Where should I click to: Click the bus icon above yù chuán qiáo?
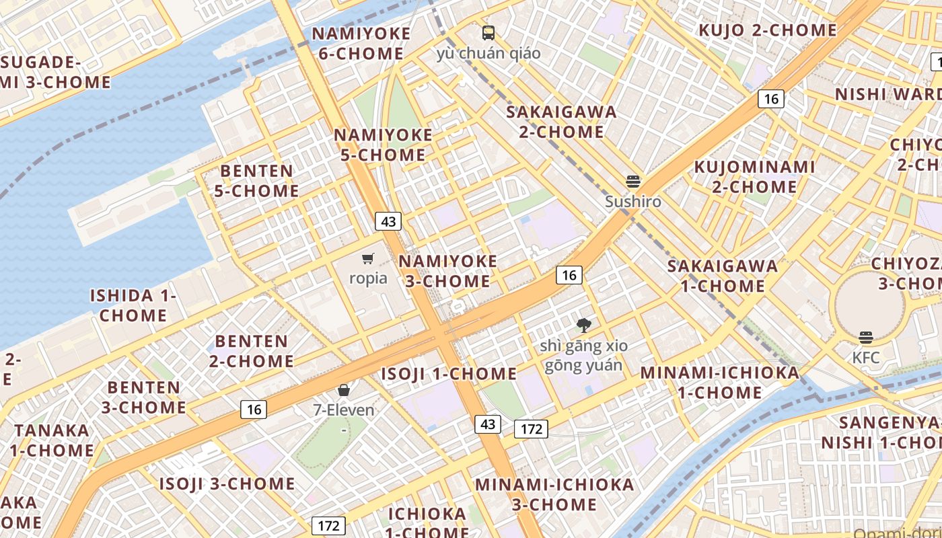click(488, 33)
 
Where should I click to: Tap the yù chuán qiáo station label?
click(488, 53)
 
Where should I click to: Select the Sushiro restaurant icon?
click(632, 181)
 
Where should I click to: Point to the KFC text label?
click(866, 358)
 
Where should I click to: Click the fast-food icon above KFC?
click(866, 338)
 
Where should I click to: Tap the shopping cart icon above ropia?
click(368, 259)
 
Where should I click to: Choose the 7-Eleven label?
click(344, 410)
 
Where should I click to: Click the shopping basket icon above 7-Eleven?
click(344, 390)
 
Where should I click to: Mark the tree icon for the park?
click(583, 326)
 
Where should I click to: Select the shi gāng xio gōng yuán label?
click(583, 356)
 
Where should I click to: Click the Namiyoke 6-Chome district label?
click(361, 44)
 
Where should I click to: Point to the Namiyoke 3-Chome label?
click(448, 271)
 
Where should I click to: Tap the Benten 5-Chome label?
click(257, 181)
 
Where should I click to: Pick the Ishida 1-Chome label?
click(133, 305)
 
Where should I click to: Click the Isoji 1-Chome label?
click(449, 374)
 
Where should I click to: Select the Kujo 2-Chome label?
click(768, 30)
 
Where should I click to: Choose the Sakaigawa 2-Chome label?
click(561, 122)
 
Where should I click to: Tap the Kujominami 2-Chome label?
click(754, 176)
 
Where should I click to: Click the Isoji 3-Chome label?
click(227, 484)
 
